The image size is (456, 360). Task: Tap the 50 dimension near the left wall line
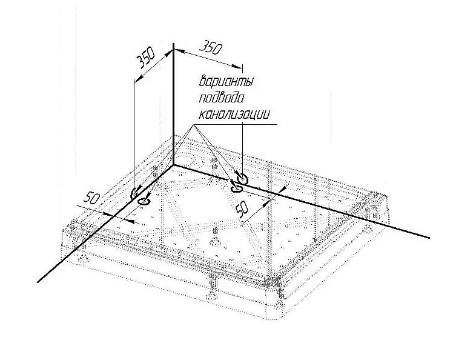pos(91,199)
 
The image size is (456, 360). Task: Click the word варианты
pos(226,81)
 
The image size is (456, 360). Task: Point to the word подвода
pos(221,98)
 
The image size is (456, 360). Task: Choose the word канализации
pos(234,114)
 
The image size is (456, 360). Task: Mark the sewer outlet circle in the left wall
pos(135,193)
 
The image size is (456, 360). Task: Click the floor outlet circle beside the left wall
pos(144,201)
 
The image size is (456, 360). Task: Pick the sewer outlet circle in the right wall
pos(242,179)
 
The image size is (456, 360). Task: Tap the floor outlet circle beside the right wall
pos(236,188)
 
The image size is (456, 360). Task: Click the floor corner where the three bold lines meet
pos(174,165)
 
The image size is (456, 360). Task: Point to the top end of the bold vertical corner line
pos(173,44)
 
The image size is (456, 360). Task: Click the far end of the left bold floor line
pos(38,282)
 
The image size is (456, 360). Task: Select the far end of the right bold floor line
pos(429,238)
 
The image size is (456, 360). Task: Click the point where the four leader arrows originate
pos(193,125)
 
